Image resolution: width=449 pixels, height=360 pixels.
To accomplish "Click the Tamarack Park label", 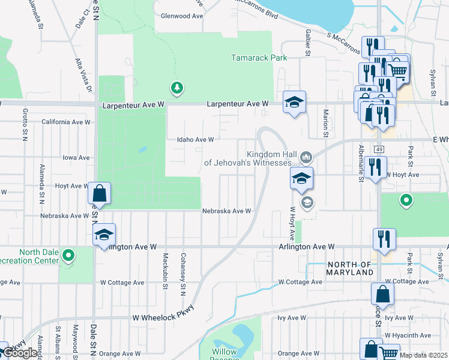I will coord(259,58).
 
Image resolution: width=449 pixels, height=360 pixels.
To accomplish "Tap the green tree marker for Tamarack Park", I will coord(176,88).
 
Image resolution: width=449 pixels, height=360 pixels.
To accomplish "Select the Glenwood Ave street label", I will coord(179,16).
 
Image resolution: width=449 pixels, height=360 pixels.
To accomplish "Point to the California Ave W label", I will coord(65,122).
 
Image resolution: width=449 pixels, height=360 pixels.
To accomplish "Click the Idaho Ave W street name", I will coord(195,140).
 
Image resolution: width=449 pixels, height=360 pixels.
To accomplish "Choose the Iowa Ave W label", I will coord(76,158).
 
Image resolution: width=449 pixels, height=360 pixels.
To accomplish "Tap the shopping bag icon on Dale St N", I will coord(100,194).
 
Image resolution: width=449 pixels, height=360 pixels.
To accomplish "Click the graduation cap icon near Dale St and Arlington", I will coord(104,235).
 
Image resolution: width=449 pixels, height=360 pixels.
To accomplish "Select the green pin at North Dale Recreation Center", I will coord(69,256).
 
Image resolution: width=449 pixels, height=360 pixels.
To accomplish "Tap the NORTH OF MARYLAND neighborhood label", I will coord(350,268).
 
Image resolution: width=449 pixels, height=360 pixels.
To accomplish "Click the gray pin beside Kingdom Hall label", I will coord(306,157).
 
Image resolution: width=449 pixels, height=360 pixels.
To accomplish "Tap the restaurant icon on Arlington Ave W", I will coord(384,239).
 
